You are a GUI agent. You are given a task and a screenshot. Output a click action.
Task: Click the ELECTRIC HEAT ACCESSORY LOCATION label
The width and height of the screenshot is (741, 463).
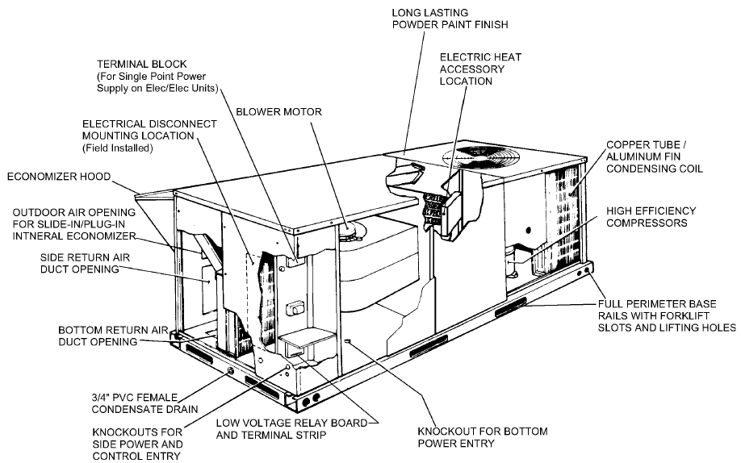tap(472, 69)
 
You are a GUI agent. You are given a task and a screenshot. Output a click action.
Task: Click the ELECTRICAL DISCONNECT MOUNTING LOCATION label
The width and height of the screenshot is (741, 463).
tap(150, 129)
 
